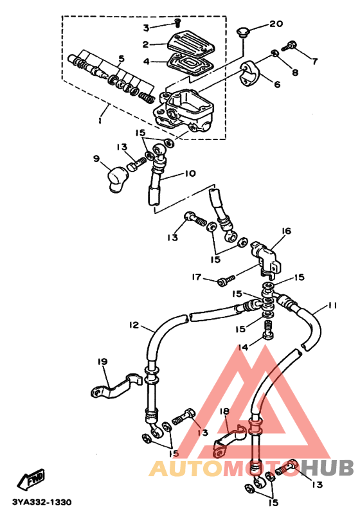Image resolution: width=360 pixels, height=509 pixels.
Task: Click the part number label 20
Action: click(x=276, y=24)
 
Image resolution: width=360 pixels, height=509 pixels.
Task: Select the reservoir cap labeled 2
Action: click(x=191, y=43)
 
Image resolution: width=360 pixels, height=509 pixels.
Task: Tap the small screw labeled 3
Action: click(x=177, y=23)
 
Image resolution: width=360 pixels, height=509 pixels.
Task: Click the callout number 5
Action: click(x=121, y=58)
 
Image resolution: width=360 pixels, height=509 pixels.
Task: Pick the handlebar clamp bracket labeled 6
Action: click(x=250, y=73)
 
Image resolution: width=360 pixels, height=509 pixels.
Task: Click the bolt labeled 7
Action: click(x=289, y=46)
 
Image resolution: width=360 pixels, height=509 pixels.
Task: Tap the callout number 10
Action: click(x=190, y=174)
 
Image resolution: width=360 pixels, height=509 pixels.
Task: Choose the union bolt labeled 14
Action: click(x=268, y=330)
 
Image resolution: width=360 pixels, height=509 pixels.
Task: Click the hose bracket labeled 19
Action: click(x=116, y=386)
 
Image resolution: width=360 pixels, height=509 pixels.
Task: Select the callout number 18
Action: click(x=224, y=411)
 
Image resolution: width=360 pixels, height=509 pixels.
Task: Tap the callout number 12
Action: click(x=134, y=325)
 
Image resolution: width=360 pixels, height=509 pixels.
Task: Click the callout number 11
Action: click(x=333, y=305)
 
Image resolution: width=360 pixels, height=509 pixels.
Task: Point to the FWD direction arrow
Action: click(x=30, y=479)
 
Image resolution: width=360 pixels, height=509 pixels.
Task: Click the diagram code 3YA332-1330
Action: click(x=42, y=502)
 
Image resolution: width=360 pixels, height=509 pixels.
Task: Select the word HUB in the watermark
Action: click(x=327, y=468)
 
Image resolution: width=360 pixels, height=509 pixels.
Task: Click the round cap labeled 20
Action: click(x=241, y=33)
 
